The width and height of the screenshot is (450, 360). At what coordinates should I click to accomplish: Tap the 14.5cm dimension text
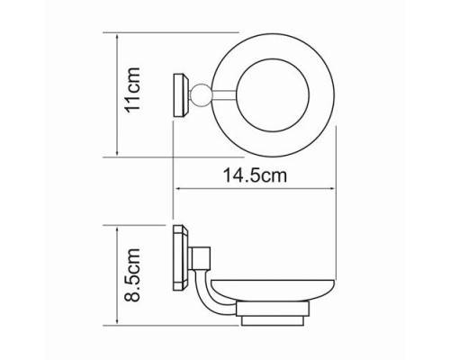click(x=255, y=175)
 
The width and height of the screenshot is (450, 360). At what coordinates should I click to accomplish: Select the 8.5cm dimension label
click(x=132, y=274)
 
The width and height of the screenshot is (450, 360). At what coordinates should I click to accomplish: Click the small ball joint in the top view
click(x=199, y=94)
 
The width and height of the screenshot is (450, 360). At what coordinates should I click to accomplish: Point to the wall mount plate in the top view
click(x=181, y=94)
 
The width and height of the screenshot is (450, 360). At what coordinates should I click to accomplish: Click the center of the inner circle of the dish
click(x=273, y=95)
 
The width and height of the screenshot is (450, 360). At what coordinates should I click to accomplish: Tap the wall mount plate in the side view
click(x=181, y=257)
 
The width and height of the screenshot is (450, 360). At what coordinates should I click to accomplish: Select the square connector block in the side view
click(x=199, y=257)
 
